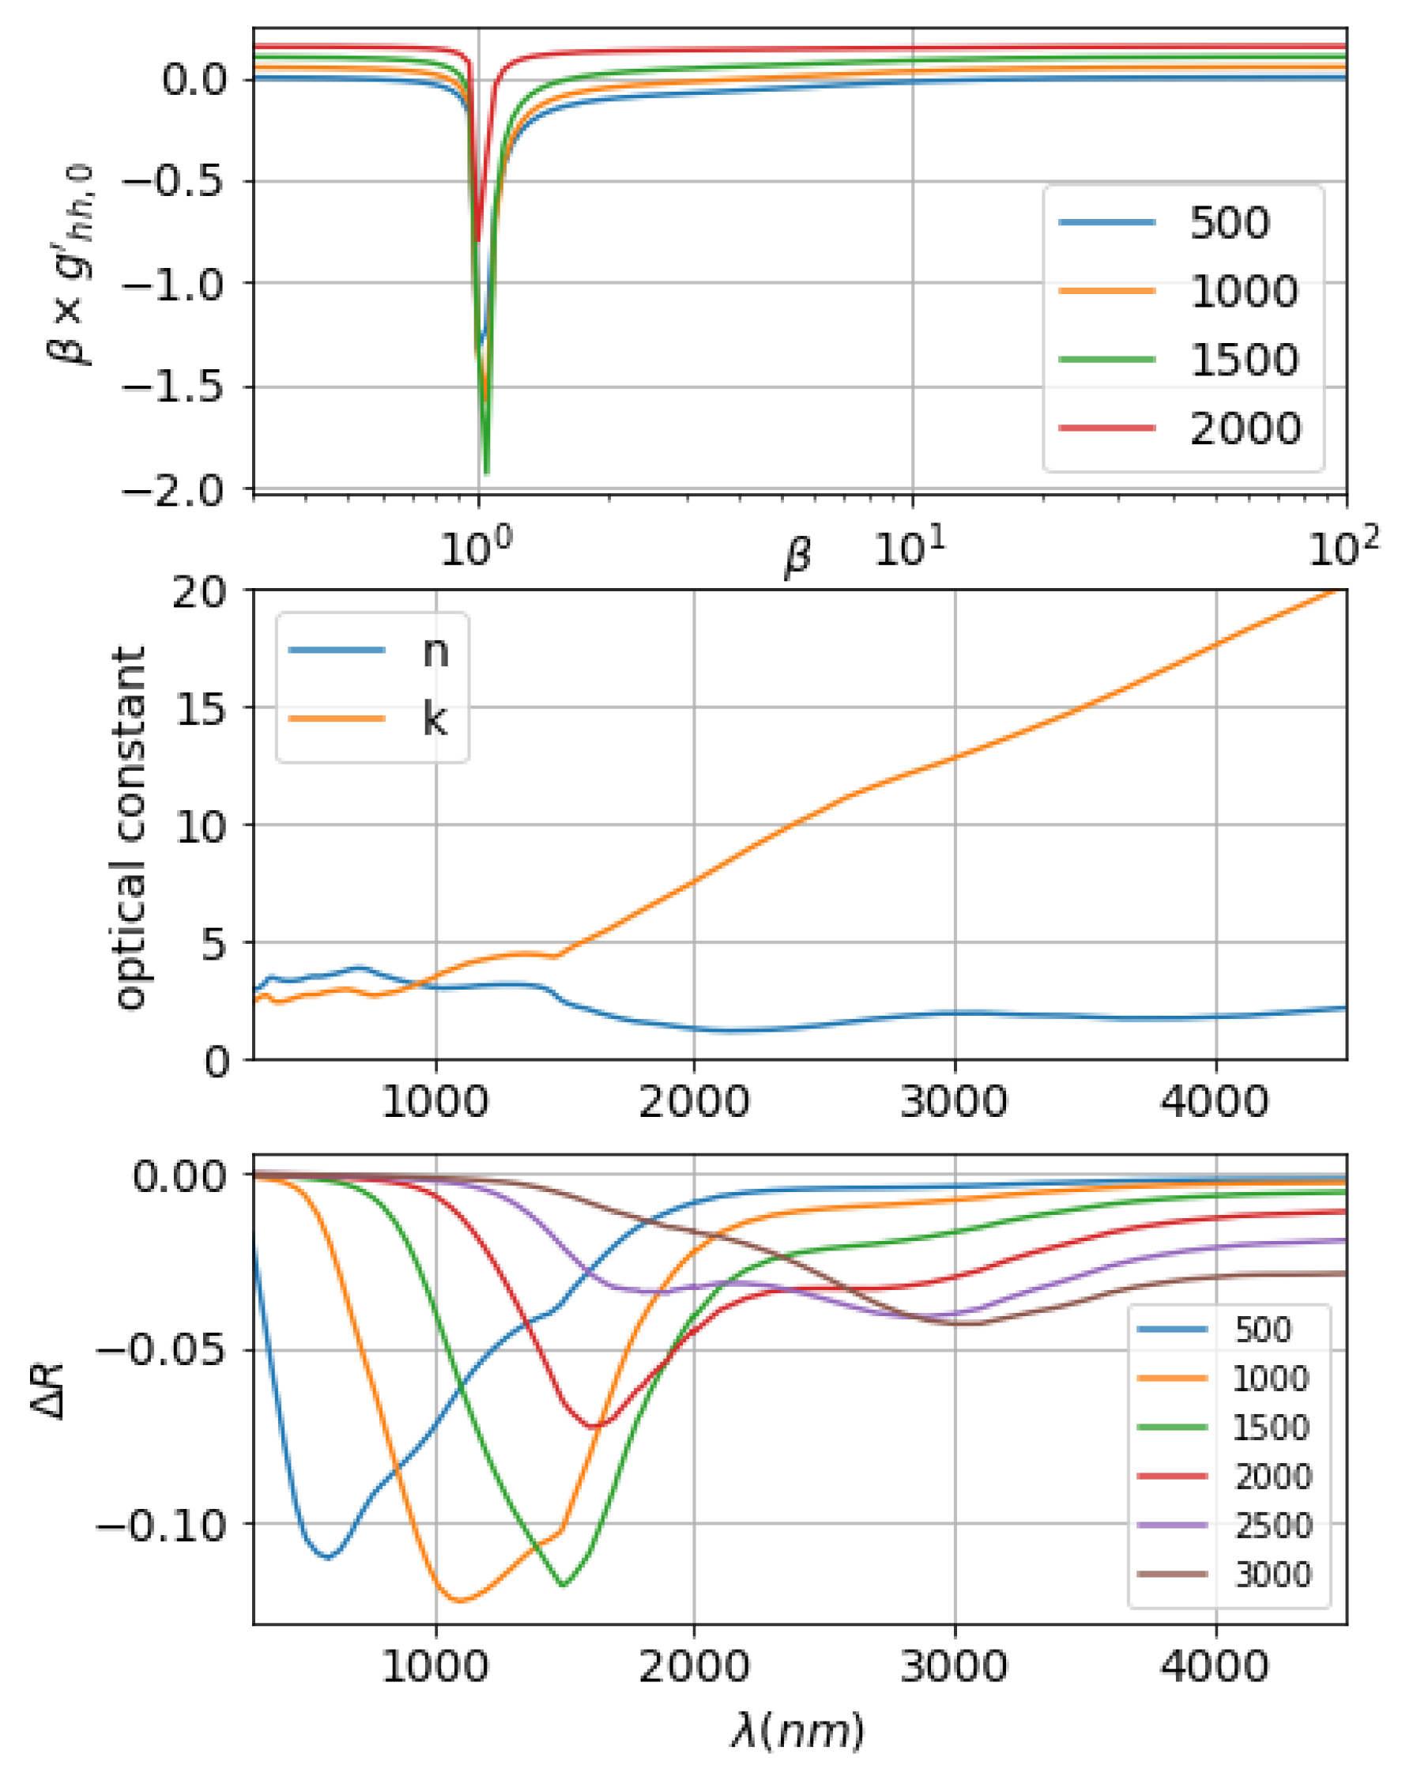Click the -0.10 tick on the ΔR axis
pyautogui.click(x=161, y=1524)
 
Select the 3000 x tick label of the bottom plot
pyautogui.click(x=954, y=1668)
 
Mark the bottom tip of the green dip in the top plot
pyautogui.click(x=487, y=473)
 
